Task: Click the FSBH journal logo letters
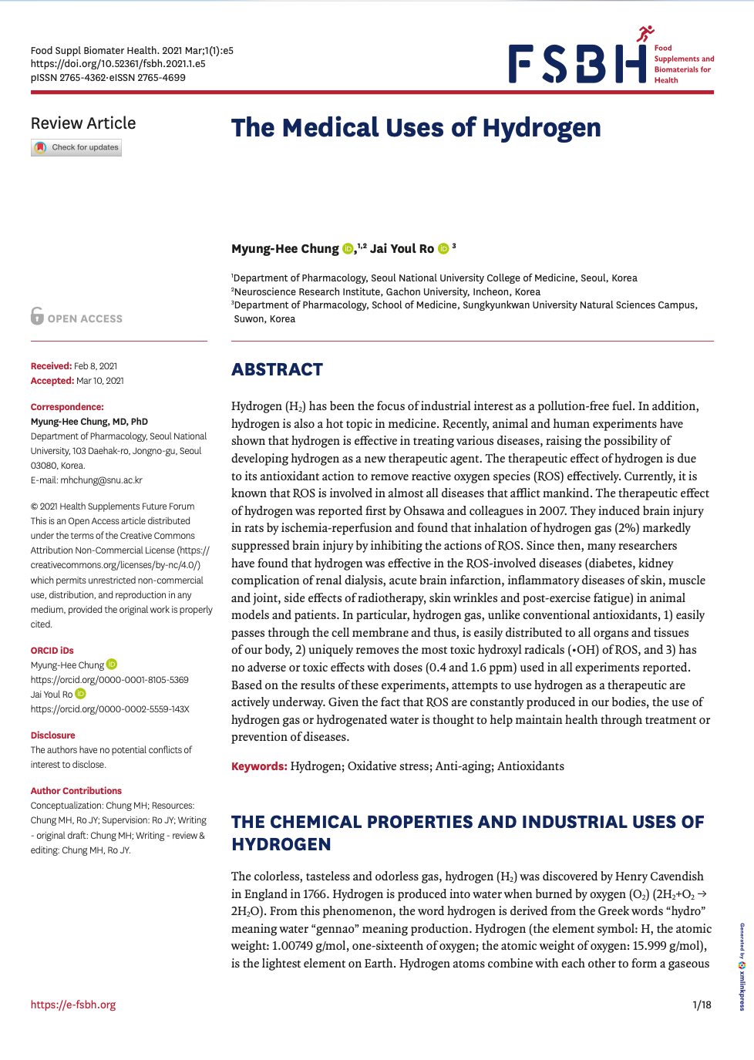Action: tap(577, 64)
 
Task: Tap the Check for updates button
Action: tap(76, 147)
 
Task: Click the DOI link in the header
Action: tap(118, 64)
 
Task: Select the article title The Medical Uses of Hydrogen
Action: tap(416, 128)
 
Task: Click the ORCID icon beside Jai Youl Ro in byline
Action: tap(443, 248)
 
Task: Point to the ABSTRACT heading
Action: tap(277, 370)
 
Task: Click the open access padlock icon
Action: tap(37, 316)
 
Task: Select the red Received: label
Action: tap(51, 366)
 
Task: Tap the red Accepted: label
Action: tap(52, 381)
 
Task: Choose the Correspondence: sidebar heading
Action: tap(67, 407)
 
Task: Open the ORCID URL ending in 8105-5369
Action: tap(109, 680)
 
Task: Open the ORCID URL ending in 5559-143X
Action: tap(109, 709)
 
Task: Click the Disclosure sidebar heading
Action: tap(53, 735)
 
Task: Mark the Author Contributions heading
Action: tap(76, 791)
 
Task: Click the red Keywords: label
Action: tap(259, 766)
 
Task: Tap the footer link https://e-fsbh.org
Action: tap(73, 1004)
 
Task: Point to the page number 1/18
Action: tap(702, 1004)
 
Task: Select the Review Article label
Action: tap(83, 123)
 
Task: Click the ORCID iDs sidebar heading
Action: tap(52, 651)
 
